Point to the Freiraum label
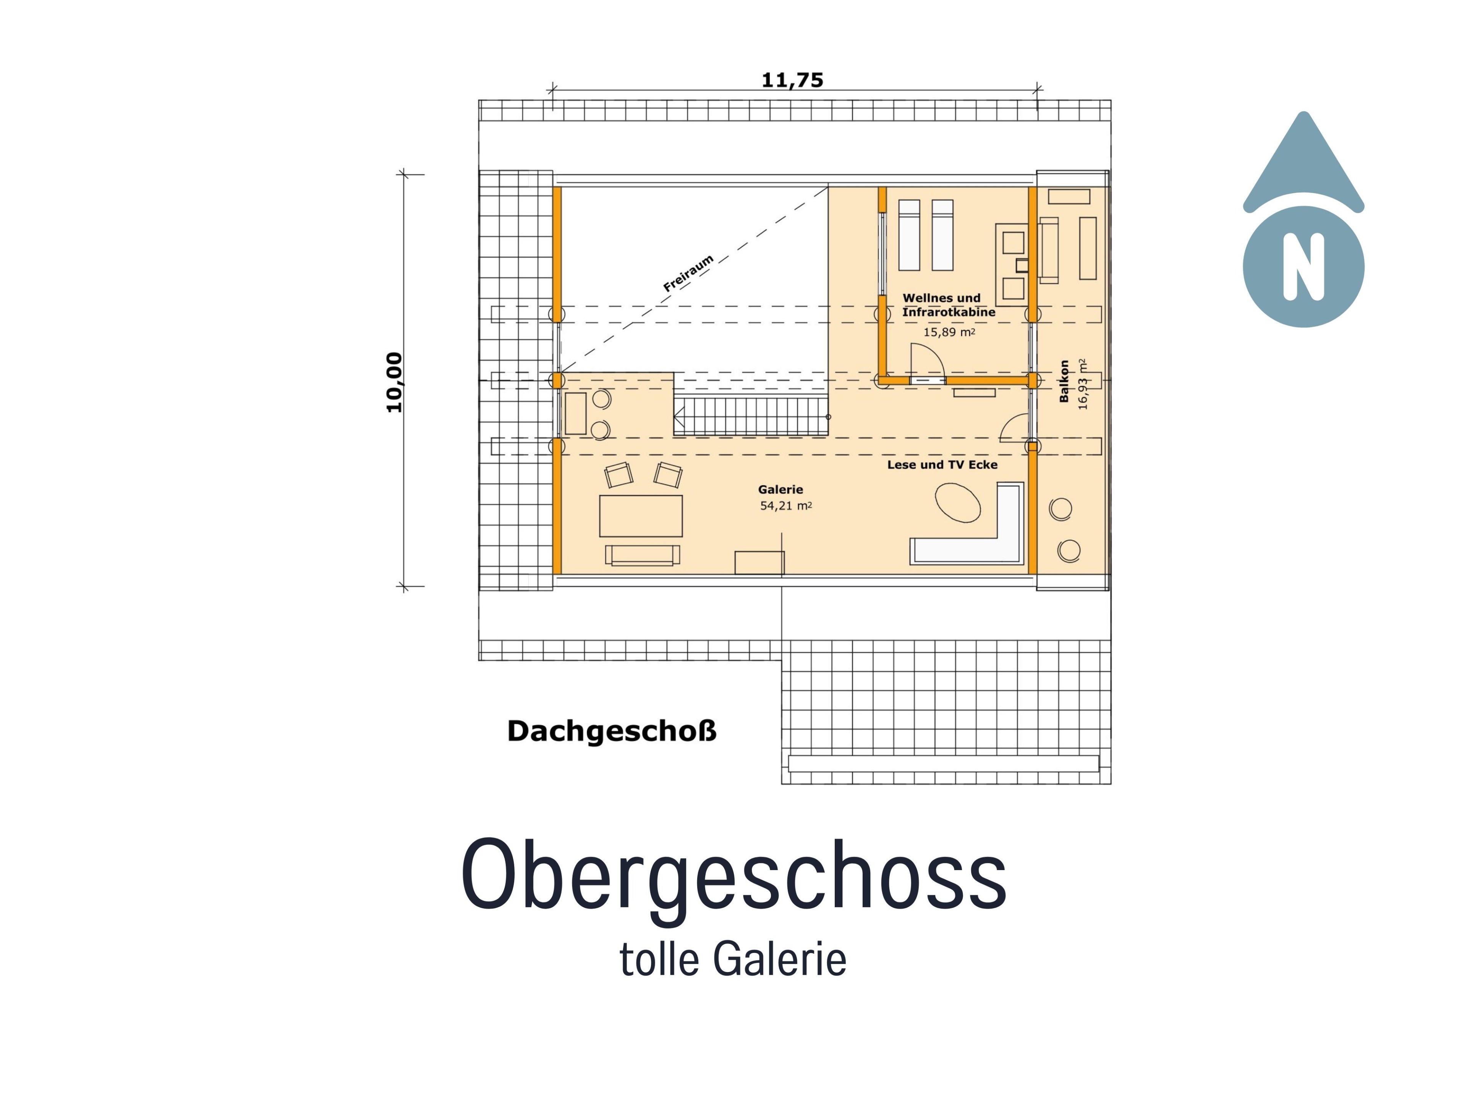click(688, 273)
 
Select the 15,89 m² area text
click(949, 332)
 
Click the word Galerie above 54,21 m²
click(780, 489)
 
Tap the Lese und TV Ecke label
click(942, 465)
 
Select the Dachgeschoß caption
click(612, 731)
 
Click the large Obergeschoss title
click(733, 875)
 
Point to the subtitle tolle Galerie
click(733, 959)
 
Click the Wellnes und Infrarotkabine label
click(948, 305)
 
